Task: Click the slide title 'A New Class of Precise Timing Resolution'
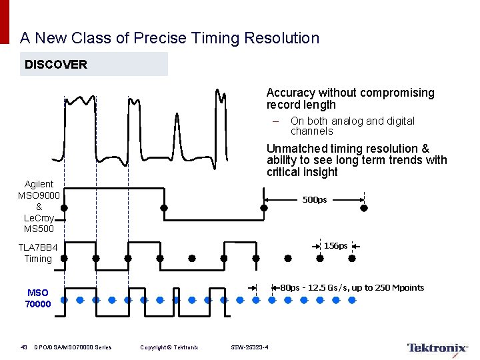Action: pyautogui.click(x=170, y=38)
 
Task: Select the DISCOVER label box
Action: pyautogui.click(x=93, y=65)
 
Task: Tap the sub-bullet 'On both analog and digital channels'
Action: pyautogui.click(x=352, y=126)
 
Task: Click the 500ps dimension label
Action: pyautogui.click(x=315, y=200)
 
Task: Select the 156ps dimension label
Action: pyautogui.click(x=335, y=246)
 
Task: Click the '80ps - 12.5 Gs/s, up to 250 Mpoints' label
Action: pyautogui.click(x=352, y=288)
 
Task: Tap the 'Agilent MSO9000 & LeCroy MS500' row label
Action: pyautogui.click(x=39, y=207)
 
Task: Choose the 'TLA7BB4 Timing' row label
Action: pyautogui.click(x=38, y=253)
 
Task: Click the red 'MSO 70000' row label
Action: pyautogui.click(x=38, y=298)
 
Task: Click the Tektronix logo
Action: pyautogui.click(x=437, y=348)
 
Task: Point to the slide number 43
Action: pyautogui.click(x=23, y=347)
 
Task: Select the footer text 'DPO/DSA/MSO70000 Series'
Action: pyautogui.click(x=73, y=347)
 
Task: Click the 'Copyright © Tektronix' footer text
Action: pyautogui.click(x=169, y=347)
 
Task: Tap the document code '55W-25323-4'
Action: pyautogui.click(x=250, y=347)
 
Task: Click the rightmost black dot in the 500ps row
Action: pyautogui.click(x=363, y=208)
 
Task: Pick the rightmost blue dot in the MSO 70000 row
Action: pyautogui.click(x=353, y=300)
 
